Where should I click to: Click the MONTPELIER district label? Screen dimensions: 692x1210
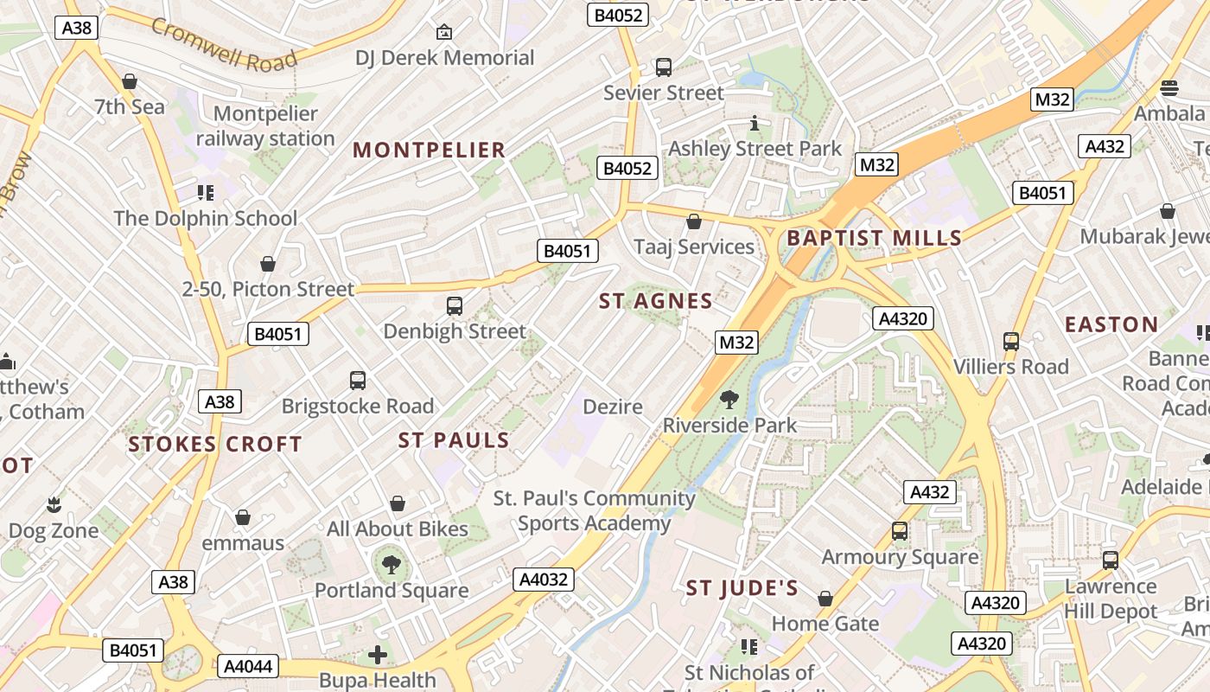pos(429,150)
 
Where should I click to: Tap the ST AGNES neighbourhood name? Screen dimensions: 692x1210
pos(656,301)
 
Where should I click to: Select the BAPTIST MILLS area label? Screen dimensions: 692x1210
pos(874,238)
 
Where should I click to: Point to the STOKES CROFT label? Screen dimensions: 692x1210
pos(215,445)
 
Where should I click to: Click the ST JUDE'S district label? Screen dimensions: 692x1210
pos(742,589)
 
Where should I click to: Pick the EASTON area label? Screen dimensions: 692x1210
pos(1111,324)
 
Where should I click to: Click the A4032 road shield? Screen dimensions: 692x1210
pos(544,579)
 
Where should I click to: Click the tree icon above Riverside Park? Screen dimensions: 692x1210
pos(729,399)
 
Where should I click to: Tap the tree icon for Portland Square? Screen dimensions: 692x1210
pos(392,565)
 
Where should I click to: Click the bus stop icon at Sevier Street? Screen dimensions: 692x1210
pos(664,67)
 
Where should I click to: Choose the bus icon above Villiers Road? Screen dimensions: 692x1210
pos(1010,341)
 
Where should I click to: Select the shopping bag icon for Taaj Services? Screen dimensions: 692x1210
pos(693,221)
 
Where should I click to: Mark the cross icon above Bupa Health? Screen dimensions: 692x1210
pos(378,655)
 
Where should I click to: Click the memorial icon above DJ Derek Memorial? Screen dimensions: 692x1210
pos(444,32)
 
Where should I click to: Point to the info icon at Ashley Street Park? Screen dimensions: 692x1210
pos(755,123)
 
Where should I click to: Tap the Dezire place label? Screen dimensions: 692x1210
pos(613,407)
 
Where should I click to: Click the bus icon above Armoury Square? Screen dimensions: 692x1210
pos(900,530)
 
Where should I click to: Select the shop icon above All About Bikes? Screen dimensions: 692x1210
pos(398,503)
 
